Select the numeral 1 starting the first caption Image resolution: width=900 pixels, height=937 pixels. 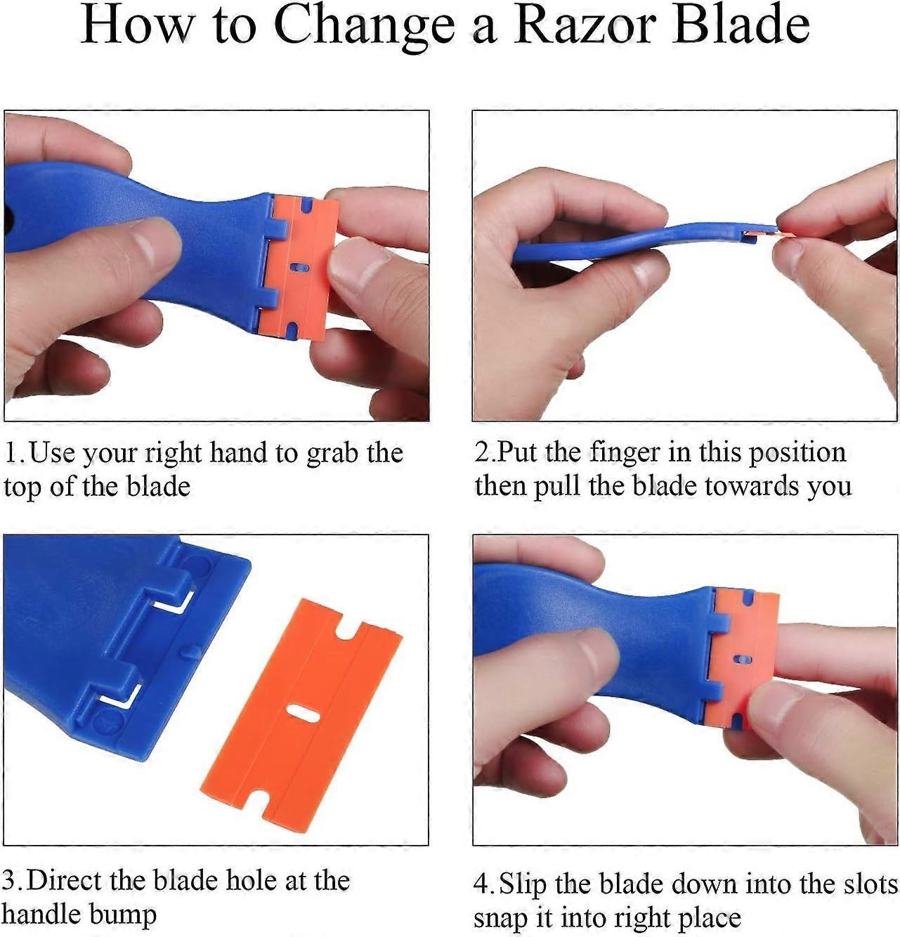[11, 453]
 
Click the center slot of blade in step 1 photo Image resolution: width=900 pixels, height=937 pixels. [301, 268]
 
